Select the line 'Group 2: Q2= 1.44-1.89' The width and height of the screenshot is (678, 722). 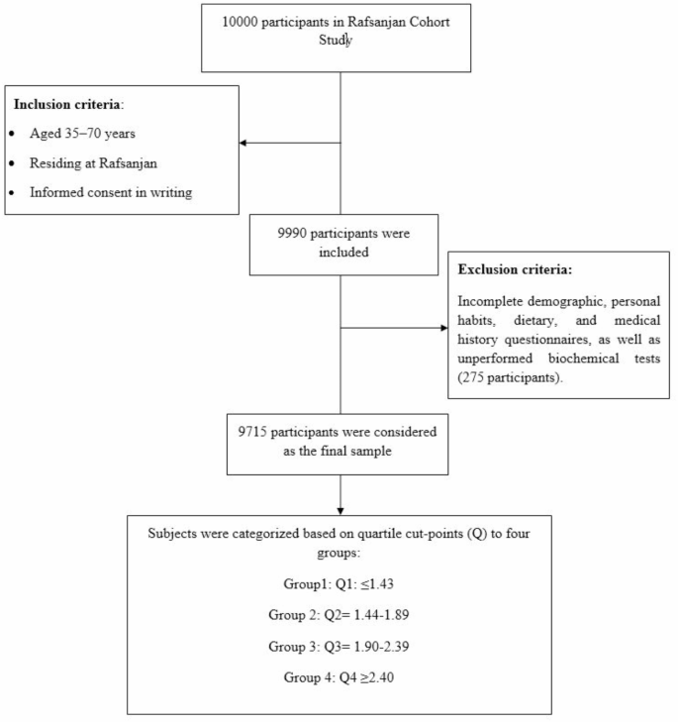click(339, 614)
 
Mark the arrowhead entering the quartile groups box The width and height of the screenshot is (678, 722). click(339, 509)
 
